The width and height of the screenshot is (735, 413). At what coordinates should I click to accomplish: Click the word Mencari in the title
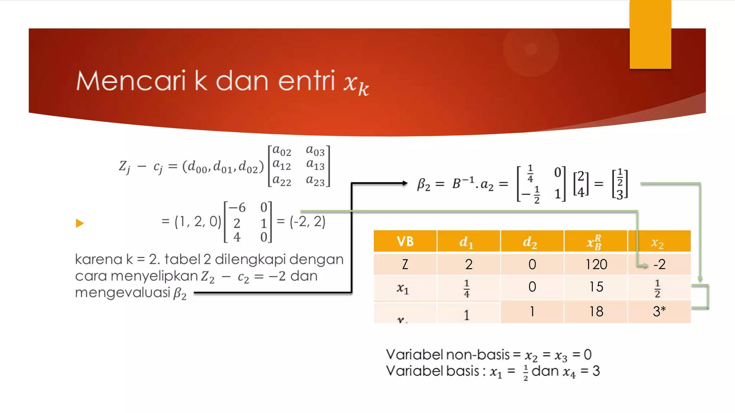(x=131, y=81)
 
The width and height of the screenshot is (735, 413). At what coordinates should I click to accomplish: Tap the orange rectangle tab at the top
(x=650, y=34)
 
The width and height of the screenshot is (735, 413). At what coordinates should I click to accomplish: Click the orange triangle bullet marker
(x=80, y=223)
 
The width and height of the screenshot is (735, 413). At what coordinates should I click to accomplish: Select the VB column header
(x=405, y=241)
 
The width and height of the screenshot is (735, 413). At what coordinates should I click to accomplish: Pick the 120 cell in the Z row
(x=596, y=265)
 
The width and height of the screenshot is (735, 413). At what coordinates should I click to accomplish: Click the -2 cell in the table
(x=660, y=265)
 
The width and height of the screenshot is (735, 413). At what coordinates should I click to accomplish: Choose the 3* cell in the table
(x=659, y=311)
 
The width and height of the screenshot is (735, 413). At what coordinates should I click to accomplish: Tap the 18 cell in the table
(x=596, y=311)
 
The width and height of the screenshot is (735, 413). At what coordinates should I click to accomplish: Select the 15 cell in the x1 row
(x=596, y=287)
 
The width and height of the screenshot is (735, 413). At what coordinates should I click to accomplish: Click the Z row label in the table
(x=405, y=265)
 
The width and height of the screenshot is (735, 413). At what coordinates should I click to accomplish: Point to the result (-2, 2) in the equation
(x=308, y=222)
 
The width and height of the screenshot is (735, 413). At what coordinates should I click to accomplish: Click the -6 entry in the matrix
(x=237, y=208)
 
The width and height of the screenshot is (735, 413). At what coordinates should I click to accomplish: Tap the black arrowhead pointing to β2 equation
(x=405, y=183)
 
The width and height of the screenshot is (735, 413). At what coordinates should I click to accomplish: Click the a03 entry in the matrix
(x=315, y=151)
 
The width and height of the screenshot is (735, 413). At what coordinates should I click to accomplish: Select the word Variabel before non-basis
(x=415, y=355)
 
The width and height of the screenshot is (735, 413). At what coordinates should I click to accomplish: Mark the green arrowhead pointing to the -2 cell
(x=645, y=266)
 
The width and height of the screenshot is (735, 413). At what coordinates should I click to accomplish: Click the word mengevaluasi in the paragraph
(x=122, y=293)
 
